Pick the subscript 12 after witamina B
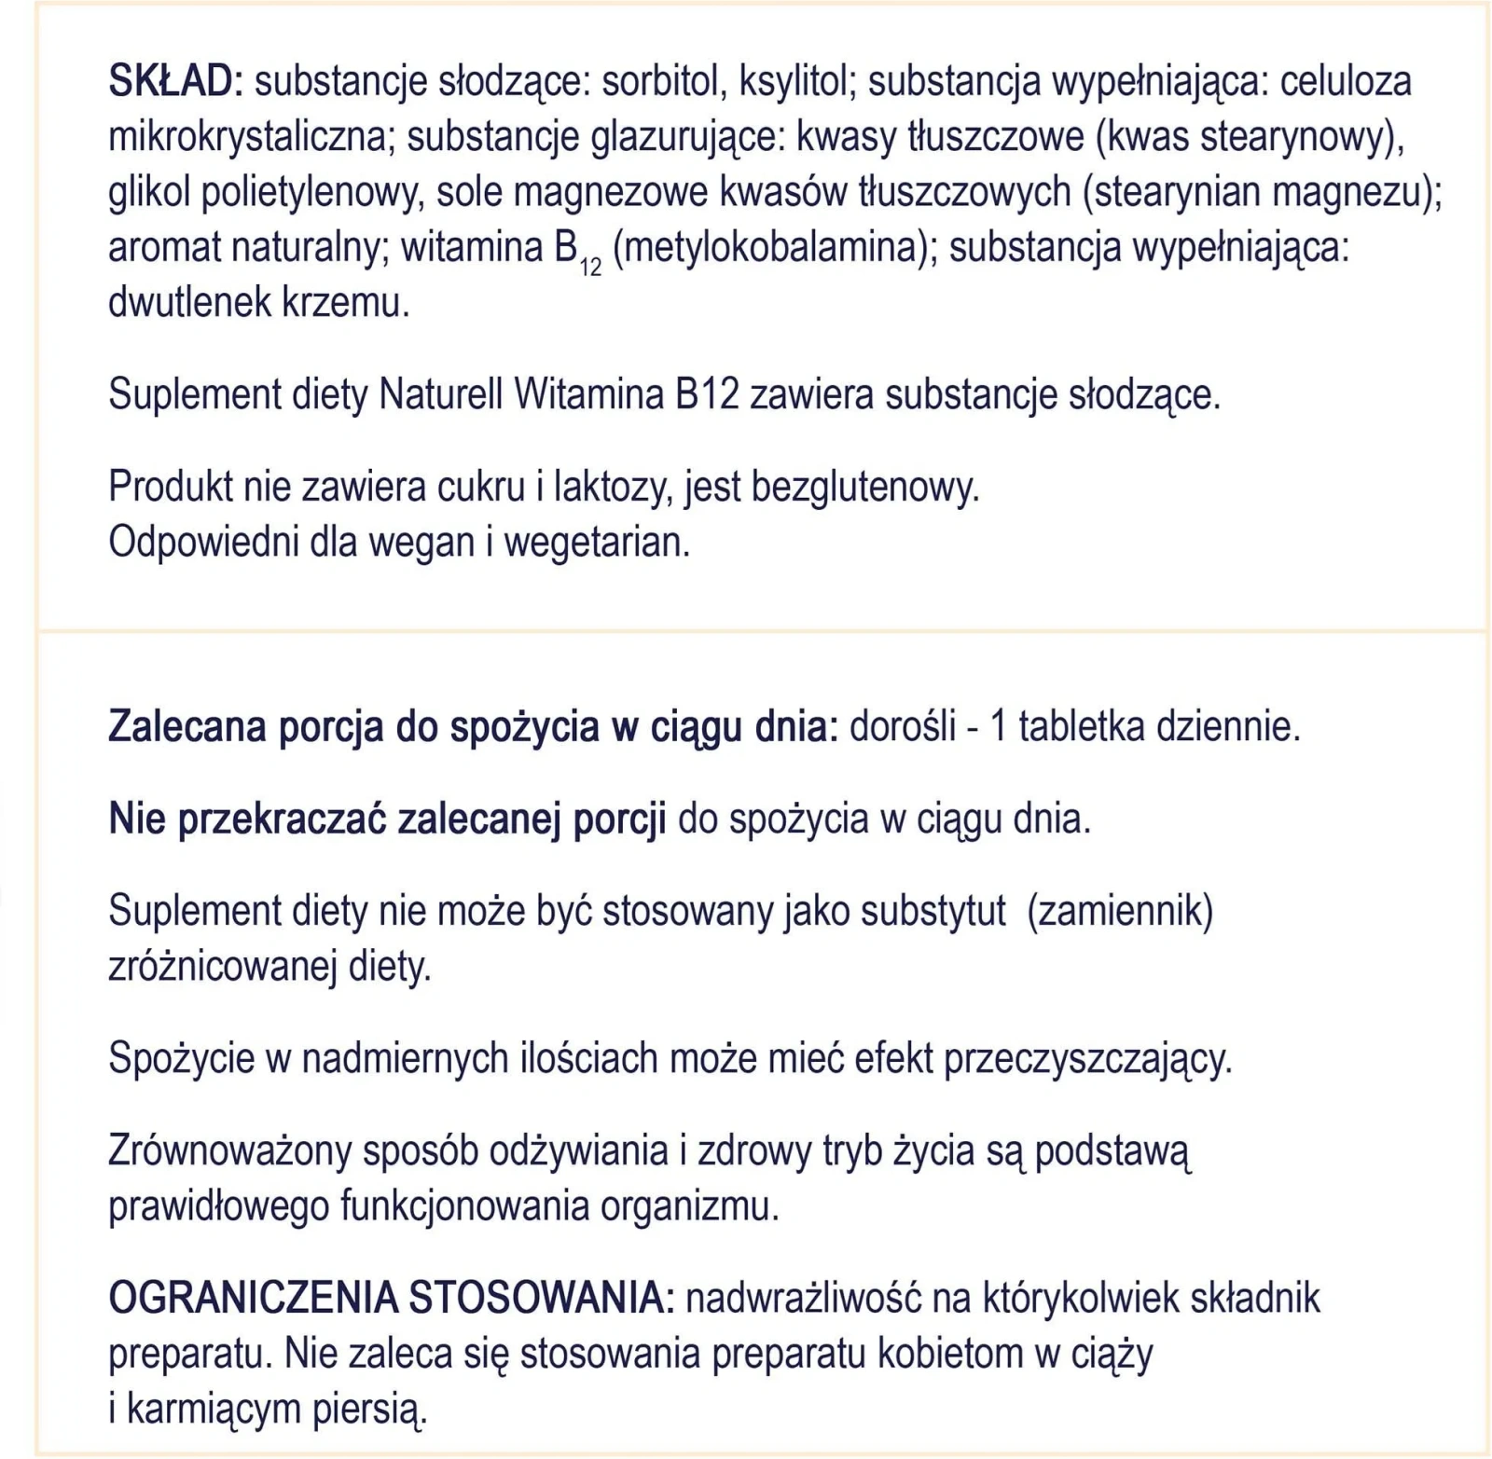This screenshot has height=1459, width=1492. (590, 268)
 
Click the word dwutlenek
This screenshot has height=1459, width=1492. (177, 304)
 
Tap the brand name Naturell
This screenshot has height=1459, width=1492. (441, 395)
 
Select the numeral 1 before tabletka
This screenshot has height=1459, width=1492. (998, 727)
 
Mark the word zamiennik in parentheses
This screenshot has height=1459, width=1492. (1119, 911)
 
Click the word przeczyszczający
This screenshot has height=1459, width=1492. (1087, 1059)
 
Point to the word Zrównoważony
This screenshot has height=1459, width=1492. (229, 1151)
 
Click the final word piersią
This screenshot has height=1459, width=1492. (368, 1410)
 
